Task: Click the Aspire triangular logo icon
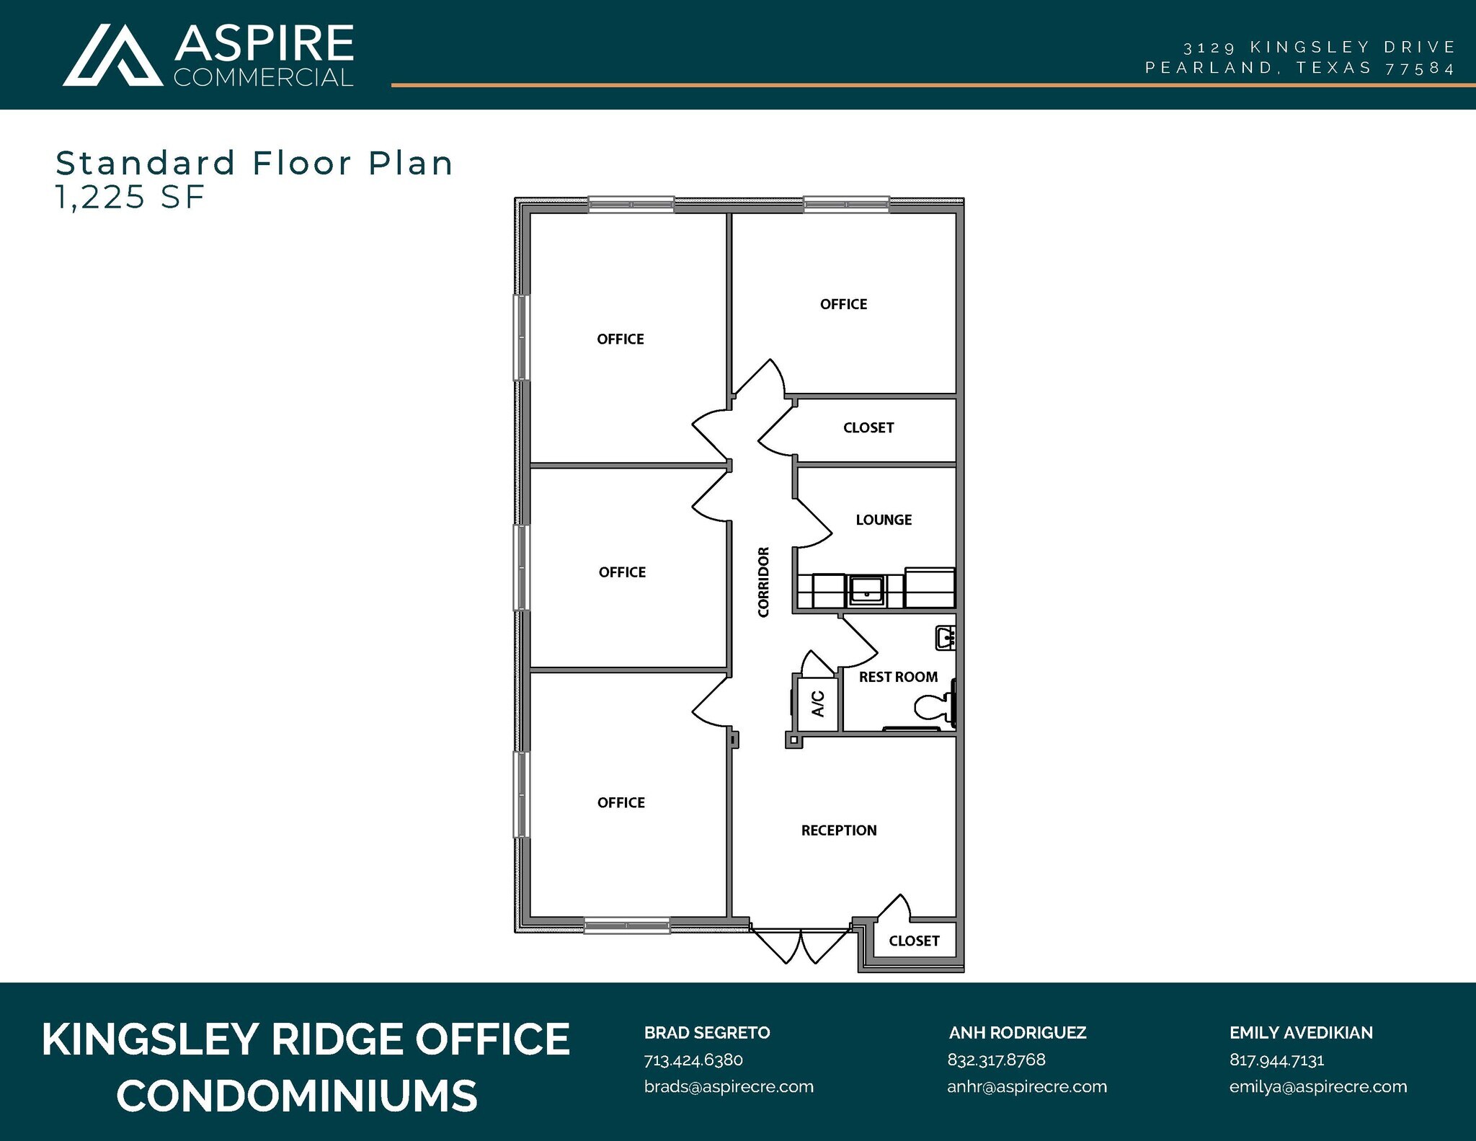112,56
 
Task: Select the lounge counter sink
866,590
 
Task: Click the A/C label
818,703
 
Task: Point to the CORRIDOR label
763,582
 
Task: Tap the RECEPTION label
839,830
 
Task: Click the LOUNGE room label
884,520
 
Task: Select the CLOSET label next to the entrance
914,941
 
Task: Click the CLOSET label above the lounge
868,427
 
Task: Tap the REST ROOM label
898,677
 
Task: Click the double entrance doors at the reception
801,945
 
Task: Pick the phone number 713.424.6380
693,1060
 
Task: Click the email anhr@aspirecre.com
1026,1086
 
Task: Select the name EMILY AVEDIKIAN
1301,1032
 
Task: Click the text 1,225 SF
130,197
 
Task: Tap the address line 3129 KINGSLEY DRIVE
1319,48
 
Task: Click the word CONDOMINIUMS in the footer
297,1096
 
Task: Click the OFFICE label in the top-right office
843,304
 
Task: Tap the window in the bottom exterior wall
626,926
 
